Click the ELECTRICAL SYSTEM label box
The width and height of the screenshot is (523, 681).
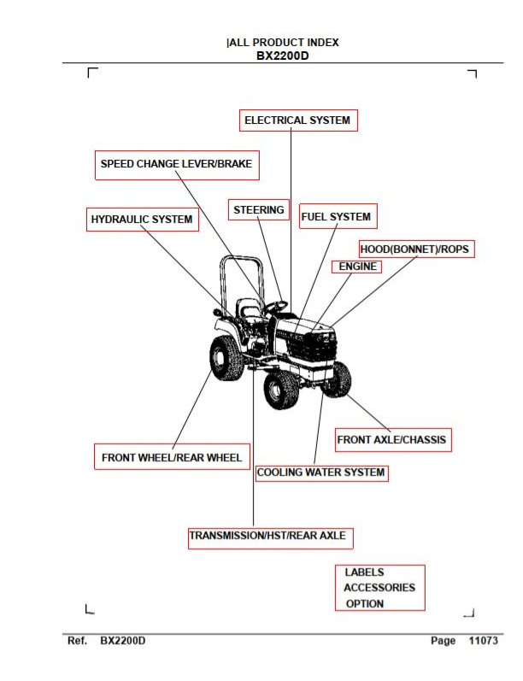coord(298,120)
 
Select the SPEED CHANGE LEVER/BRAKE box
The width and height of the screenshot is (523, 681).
coord(177,165)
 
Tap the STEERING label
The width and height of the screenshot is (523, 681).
coord(259,210)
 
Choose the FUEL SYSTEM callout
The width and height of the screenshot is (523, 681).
coord(338,216)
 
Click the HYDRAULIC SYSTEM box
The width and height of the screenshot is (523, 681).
coord(143,220)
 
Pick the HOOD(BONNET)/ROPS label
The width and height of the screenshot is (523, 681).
coord(416,249)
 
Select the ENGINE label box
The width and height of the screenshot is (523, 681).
coord(356,267)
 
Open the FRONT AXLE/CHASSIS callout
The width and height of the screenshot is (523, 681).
coord(394,440)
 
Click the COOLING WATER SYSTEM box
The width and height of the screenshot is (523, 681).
coord(322,473)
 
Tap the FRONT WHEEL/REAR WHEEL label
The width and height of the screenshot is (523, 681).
coord(172,457)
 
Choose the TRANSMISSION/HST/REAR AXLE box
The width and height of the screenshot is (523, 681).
coord(271,538)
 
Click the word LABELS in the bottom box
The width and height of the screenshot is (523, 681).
coord(364,572)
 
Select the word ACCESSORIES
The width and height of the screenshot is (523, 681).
coord(379,588)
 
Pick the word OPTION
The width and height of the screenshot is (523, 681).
coord(365,604)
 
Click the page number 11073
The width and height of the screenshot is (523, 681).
coord(483,641)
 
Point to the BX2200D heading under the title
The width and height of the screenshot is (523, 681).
coord(283,56)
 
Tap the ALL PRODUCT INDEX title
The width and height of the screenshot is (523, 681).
coord(284,43)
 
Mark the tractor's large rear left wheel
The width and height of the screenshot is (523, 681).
coord(226,358)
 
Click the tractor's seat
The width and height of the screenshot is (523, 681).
coord(249,310)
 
